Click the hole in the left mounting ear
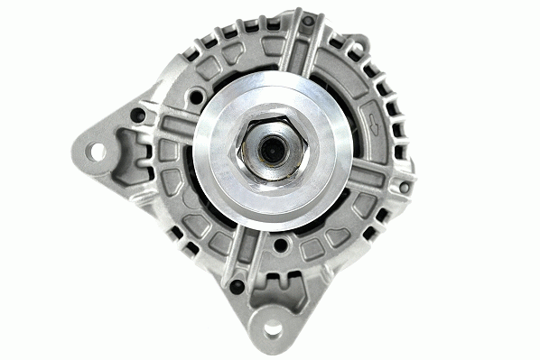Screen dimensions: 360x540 click(96, 151)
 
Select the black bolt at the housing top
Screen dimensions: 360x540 click(308, 20)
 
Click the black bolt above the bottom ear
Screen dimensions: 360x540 click(237, 286)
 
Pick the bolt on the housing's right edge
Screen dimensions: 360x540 click(404, 187)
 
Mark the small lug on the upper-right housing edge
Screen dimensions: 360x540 click(358, 42)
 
